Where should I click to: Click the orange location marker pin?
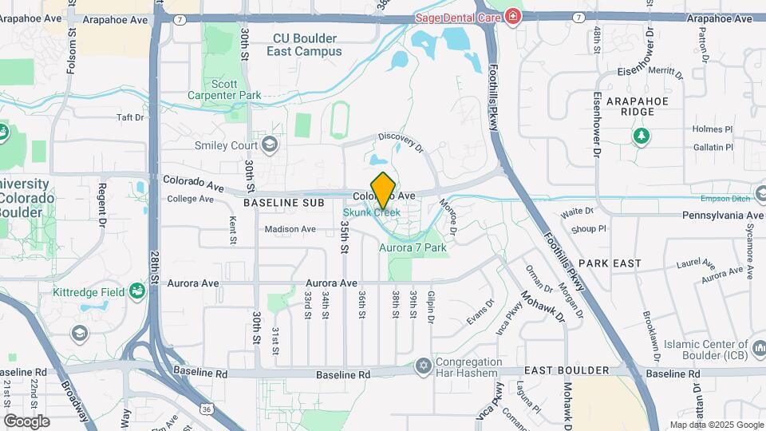384,190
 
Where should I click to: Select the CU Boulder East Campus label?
307,45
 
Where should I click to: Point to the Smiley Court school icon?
270,144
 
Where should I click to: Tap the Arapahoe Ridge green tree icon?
641,136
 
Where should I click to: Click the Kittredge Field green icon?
138,292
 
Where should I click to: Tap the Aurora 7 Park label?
412,247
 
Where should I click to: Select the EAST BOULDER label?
567,371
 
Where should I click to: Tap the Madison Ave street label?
290,229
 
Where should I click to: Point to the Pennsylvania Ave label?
723,215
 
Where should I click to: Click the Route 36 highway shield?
206,409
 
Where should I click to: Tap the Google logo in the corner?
26,421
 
